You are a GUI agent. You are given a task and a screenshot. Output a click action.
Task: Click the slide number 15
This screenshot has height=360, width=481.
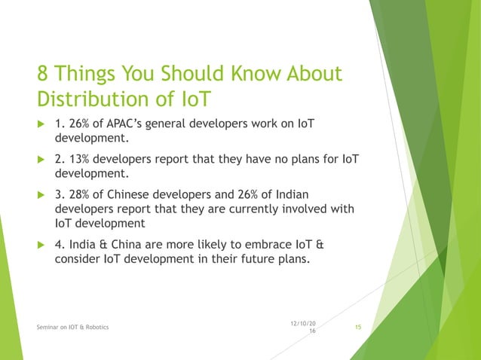pyautogui.click(x=358, y=326)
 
